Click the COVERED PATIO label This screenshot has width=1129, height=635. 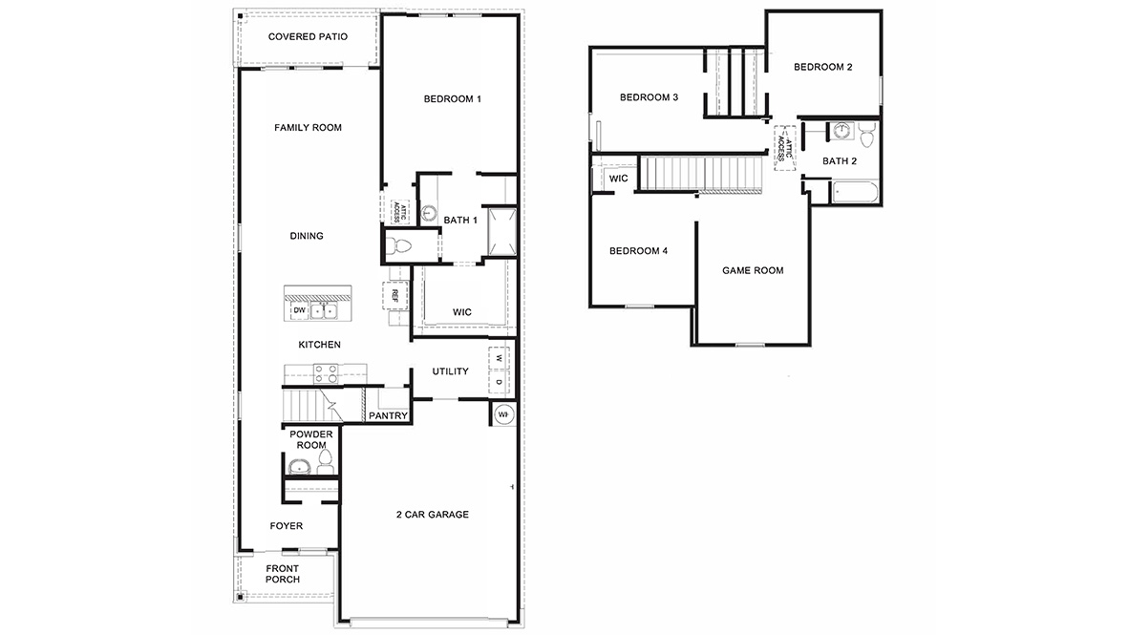[308, 36]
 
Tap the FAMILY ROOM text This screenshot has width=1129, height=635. [308, 127]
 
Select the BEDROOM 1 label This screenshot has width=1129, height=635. [452, 98]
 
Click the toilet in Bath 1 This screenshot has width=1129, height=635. [401, 246]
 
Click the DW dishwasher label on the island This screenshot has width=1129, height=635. [299, 310]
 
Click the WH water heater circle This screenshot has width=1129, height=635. [502, 414]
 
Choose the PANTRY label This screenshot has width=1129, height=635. [389, 415]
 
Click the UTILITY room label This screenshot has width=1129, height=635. [450, 371]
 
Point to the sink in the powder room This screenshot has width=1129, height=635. [301, 467]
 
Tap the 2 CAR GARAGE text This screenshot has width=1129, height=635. [433, 515]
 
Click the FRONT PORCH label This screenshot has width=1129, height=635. [283, 574]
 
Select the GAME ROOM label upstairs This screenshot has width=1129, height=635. [753, 270]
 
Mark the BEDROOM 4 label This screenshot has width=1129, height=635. [638, 251]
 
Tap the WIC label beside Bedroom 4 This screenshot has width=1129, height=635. [618, 179]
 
